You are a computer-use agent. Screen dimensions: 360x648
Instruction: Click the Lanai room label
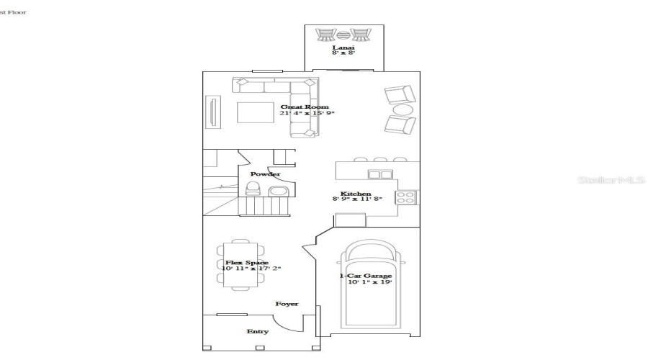[x=343, y=48]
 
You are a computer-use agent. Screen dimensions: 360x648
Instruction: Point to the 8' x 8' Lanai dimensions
[x=343, y=54]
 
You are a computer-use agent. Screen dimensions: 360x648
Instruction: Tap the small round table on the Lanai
[x=344, y=35]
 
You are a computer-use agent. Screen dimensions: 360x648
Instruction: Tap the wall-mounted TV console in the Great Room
[x=212, y=113]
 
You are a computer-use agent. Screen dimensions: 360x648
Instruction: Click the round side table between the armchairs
[x=402, y=109]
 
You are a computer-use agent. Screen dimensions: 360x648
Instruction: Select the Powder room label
[x=265, y=174]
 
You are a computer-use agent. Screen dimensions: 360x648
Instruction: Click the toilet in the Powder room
[x=252, y=189]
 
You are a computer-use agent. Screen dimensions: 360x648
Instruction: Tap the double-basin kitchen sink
[x=379, y=174]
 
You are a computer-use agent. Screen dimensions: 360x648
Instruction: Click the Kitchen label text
[x=356, y=194]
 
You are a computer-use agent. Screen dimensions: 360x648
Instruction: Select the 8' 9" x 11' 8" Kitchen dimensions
[x=356, y=199]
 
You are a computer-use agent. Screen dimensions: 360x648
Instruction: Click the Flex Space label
[x=247, y=263]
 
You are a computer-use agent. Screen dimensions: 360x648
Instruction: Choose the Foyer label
[x=287, y=304]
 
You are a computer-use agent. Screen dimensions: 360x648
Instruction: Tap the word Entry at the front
[x=257, y=331]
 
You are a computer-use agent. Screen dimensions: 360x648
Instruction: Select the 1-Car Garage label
[x=366, y=276]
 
